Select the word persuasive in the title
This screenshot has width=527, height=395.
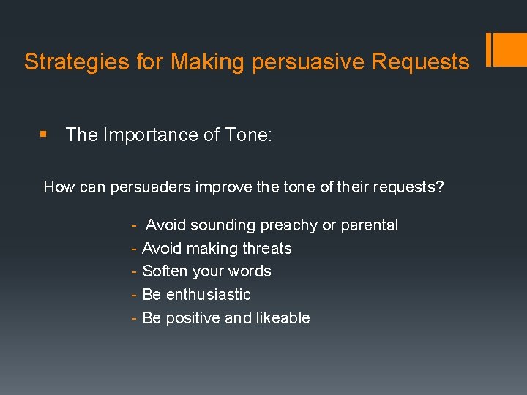point(308,62)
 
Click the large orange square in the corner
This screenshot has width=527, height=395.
point(511,50)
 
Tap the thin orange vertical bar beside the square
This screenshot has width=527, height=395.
point(489,50)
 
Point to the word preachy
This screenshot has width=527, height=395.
point(288,225)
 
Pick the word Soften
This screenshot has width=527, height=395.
point(165,271)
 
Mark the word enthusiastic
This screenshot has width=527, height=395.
point(208,295)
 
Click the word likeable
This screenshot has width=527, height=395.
point(281,318)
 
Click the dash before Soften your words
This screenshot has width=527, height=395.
point(134,271)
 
